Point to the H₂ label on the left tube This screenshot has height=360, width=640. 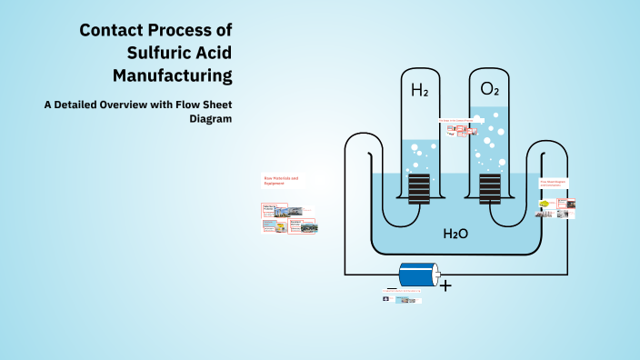point(419,90)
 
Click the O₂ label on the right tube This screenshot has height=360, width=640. point(489,90)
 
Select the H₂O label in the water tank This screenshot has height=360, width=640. point(455,234)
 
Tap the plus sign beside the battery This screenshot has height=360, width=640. point(445,285)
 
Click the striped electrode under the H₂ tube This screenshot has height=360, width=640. point(419,188)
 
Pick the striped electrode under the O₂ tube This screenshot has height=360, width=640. point(489,188)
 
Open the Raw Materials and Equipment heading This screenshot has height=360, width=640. point(281,180)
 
